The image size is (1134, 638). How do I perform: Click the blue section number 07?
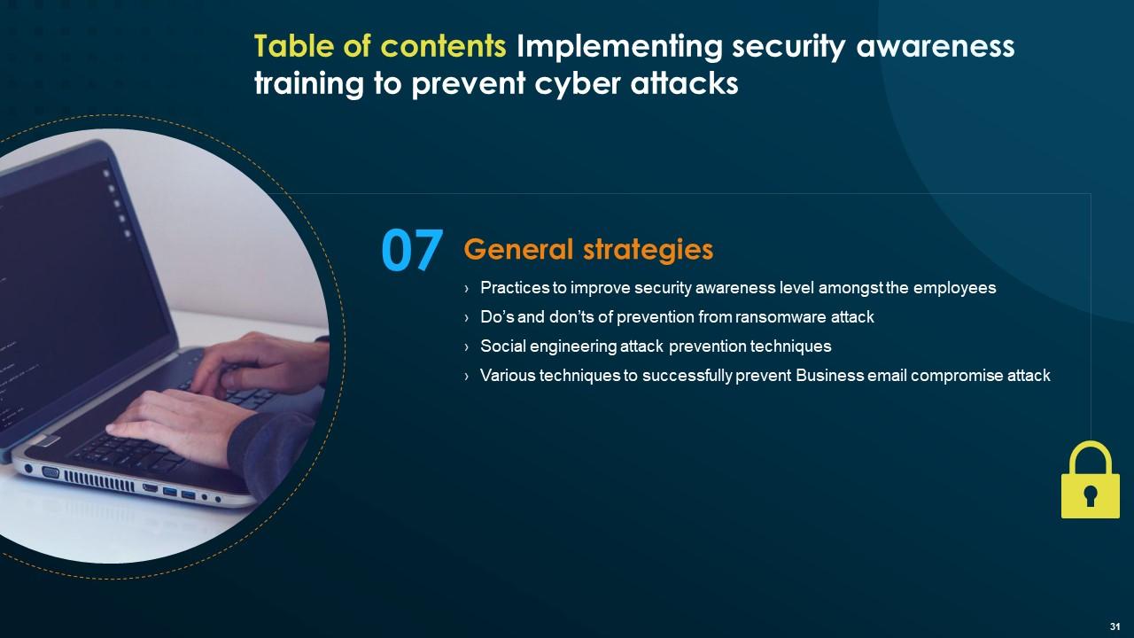[x=412, y=251]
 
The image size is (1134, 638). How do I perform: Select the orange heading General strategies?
[x=588, y=250]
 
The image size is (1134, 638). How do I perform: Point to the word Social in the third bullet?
[x=501, y=346]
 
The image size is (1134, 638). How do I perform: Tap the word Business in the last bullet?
[x=829, y=376]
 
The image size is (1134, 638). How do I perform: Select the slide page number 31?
[x=1115, y=626]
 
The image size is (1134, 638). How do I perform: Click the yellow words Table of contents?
[x=381, y=46]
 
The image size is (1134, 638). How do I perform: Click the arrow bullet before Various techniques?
[x=467, y=377]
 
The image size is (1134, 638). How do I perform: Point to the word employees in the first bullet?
[x=953, y=288]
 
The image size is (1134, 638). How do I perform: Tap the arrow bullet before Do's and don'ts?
[x=467, y=318]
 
